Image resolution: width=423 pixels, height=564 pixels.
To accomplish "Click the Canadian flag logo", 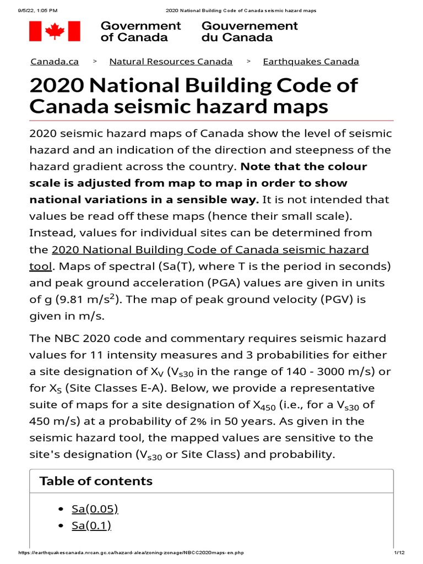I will click(x=55, y=31).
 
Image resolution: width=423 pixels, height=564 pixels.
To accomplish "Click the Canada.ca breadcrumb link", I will click(x=54, y=62).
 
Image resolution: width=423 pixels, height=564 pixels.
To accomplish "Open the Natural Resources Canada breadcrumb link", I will click(x=171, y=62).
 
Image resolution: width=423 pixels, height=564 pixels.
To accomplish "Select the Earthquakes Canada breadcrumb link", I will click(x=311, y=62).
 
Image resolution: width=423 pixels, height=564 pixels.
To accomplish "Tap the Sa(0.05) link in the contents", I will click(x=95, y=509).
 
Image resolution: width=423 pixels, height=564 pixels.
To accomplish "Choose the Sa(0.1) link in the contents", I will click(x=91, y=526).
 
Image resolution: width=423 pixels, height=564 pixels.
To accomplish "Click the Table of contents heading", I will click(x=96, y=481).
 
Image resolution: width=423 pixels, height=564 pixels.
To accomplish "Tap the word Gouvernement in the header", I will click(x=250, y=26).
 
